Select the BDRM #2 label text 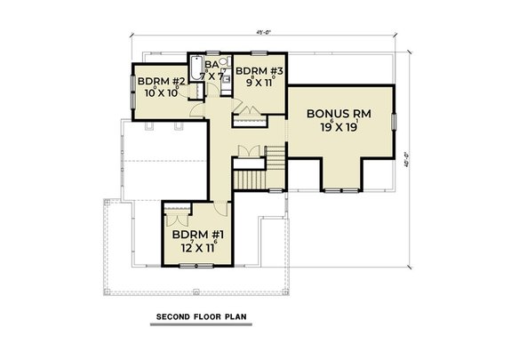coord(156,80)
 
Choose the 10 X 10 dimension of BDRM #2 coord(156,93)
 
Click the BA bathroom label coord(212,64)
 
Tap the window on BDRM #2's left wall coord(133,88)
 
